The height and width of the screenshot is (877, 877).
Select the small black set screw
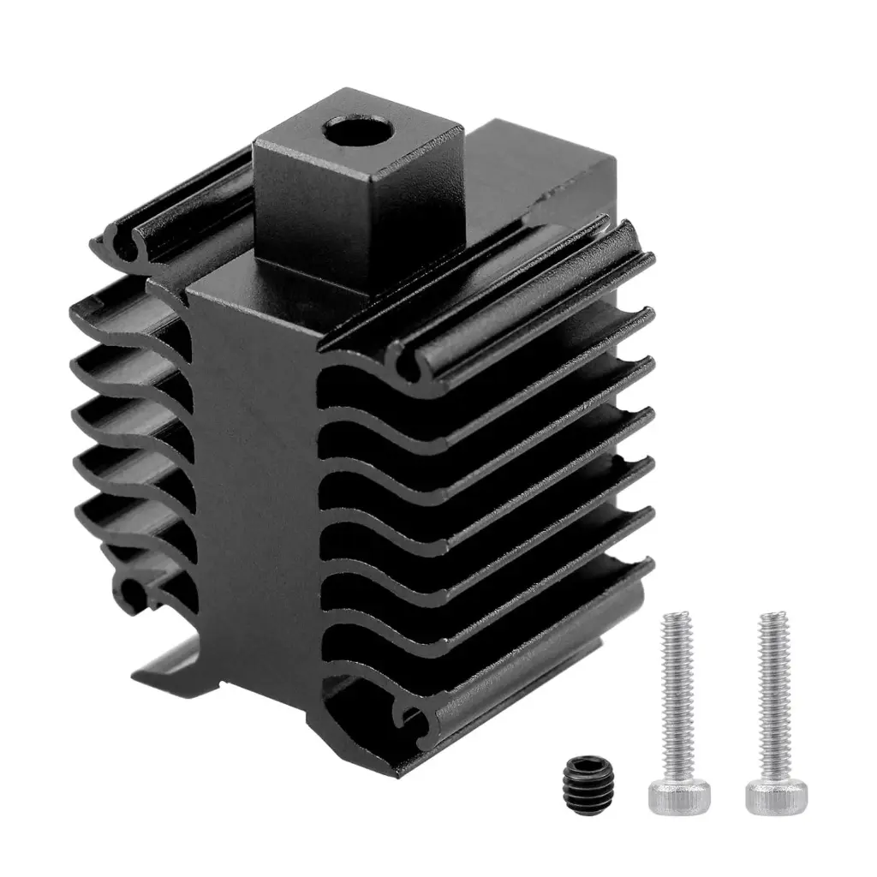click(x=586, y=781)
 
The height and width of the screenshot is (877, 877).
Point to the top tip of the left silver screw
click(x=677, y=616)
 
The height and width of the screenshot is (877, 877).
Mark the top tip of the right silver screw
click(x=773, y=616)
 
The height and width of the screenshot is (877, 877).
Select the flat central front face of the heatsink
click(x=257, y=480)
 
